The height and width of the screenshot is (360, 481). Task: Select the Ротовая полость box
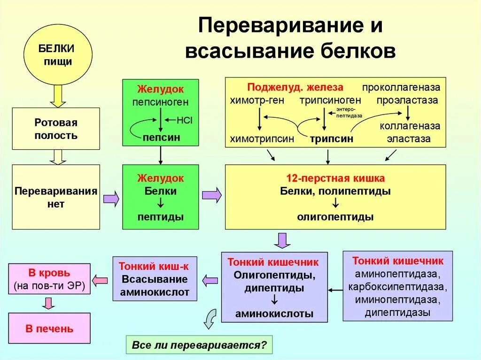[x=56, y=129]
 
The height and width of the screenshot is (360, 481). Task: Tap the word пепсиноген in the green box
[x=160, y=101]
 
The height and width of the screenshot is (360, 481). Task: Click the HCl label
[x=185, y=120]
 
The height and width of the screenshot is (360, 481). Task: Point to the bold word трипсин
[x=331, y=139]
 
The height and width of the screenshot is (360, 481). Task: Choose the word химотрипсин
[x=262, y=139]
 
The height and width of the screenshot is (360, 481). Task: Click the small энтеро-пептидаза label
[x=349, y=112]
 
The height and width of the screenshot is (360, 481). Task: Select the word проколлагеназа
[x=401, y=88]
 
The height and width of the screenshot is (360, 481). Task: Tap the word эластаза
[x=408, y=139]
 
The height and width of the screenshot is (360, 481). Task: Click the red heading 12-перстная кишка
[x=335, y=178]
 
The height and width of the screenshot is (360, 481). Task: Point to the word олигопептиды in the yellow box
[x=335, y=217]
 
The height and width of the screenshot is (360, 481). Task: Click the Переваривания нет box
[x=56, y=197]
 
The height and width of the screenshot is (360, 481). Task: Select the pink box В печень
[x=49, y=329]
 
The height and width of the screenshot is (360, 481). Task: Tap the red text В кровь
[x=49, y=273]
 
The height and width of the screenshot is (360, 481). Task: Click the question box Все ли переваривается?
[x=199, y=345]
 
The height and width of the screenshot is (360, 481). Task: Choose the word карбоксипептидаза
[x=397, y=286]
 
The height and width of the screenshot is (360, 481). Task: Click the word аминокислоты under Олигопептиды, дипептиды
[x=274, y=314]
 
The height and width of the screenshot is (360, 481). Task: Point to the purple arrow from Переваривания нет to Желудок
[x=111, y=199]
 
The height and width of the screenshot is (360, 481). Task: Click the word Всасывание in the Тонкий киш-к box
[x=155, y=279]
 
